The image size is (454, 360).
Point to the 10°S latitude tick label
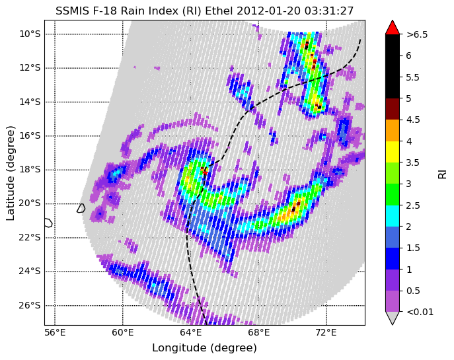tap(30, 34)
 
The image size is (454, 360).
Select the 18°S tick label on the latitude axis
tap(30, 170)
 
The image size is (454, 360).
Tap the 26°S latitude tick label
tap(30, 305)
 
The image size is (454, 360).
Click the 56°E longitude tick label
tap(55, 333)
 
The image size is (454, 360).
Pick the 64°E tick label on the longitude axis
tap(191, 333)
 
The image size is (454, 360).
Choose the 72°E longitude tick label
tap(326, 333)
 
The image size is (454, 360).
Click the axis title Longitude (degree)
tap(204, 348)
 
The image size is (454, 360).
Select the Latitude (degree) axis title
tap(10, 173)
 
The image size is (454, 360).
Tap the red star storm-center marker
tap(205, 173)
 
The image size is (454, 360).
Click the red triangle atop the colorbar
tap(393, 28)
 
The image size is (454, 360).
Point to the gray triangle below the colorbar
tap(393, 318)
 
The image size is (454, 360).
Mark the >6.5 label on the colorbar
tap(417, 35)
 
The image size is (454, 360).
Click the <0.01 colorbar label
tap(420, 312)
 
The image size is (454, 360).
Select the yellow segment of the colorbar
tap(393, 152)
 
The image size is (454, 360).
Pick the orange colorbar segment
tap(393, 131)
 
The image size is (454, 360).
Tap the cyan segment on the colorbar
tap(393, 216)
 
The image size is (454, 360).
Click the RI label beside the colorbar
tap(442, 174)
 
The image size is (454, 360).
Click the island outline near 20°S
tap(81, 208)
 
